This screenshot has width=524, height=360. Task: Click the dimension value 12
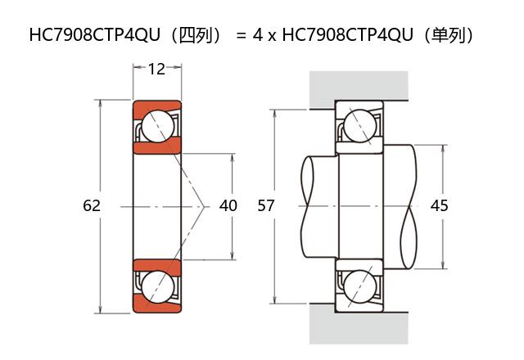point(156,70)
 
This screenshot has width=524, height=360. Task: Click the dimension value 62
point(92,205)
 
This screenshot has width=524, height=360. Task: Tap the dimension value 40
point(228,205)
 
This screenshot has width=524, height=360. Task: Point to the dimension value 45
point(439,205)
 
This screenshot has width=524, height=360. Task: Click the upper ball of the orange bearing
point(157,126)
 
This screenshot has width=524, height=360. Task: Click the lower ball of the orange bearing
point(157,286)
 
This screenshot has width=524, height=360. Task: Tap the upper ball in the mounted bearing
point(359,126)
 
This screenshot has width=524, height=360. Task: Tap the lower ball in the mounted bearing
point(359,286)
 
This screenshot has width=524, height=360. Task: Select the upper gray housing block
point(358,87)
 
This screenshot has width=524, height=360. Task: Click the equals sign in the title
point(241,36)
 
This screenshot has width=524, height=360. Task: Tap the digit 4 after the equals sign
point(259,36)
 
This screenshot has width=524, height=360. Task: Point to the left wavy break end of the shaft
point(306,205)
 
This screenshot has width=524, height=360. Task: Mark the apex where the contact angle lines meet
point(203,205)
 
